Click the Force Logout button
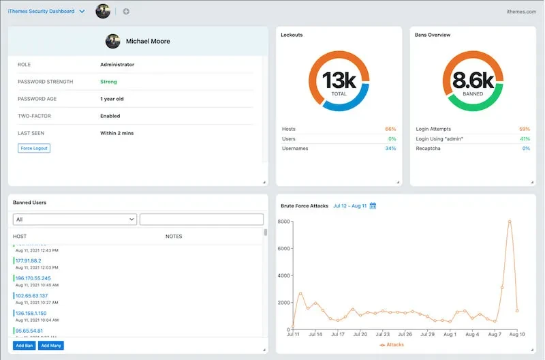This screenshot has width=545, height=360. pyautogui.click(x=35, y=148)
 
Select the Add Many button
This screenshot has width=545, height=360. pyautogui.click(x=50, y=346)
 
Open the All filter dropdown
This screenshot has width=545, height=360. pyautogui.click(x=75, y=220)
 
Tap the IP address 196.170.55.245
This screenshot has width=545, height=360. pyautogui.click(x=33, y=278)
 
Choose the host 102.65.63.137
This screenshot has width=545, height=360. pyautogui.click(x=32, y=296)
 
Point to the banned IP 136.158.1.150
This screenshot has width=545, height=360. pyautogui.click(x=32, y=314)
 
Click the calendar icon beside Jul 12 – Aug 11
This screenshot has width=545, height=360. pyautogui.click(x=373, y=206)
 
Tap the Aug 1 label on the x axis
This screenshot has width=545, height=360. pyautogui.click(x=450, y=335)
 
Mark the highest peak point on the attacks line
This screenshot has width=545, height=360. pyautogui.click(x=510, y=221)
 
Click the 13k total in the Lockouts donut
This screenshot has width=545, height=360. pyautogui.click(x=339, y=80)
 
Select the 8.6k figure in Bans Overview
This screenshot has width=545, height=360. pyautogui.click(x=473, y=80)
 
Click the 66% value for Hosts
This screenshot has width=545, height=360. pyautogui.click(x=390, y=129)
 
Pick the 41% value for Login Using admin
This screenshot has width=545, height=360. pyautogui.click(x=525, y=138)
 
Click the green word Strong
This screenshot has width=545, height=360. pyautogui.click(x=109, y=82)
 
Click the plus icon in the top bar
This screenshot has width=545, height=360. pyautogui.click(x=126, y=12)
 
